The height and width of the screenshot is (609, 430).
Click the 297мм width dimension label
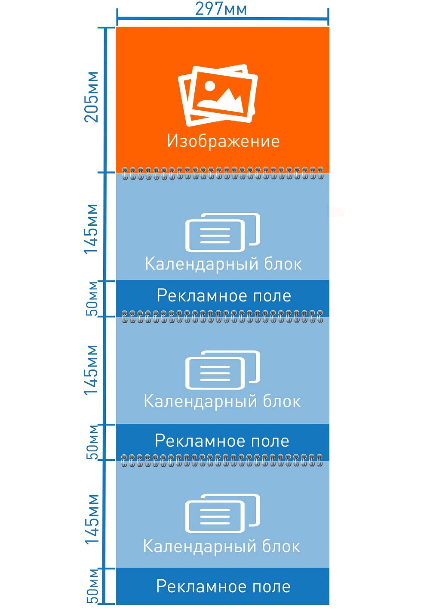221,9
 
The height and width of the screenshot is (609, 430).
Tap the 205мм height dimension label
91,97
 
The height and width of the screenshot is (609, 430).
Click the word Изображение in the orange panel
223,141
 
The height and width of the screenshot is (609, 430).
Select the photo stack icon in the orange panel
218,95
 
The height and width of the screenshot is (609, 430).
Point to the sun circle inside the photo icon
210,85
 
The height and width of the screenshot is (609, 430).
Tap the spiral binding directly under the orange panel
222,174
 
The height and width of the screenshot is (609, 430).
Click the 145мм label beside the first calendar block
91,229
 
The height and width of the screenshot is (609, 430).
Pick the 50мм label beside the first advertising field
92,298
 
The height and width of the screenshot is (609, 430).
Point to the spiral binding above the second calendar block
222,317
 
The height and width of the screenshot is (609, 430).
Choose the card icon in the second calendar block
222,370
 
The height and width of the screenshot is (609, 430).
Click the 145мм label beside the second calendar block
91,370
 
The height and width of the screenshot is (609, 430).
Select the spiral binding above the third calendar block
222,460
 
